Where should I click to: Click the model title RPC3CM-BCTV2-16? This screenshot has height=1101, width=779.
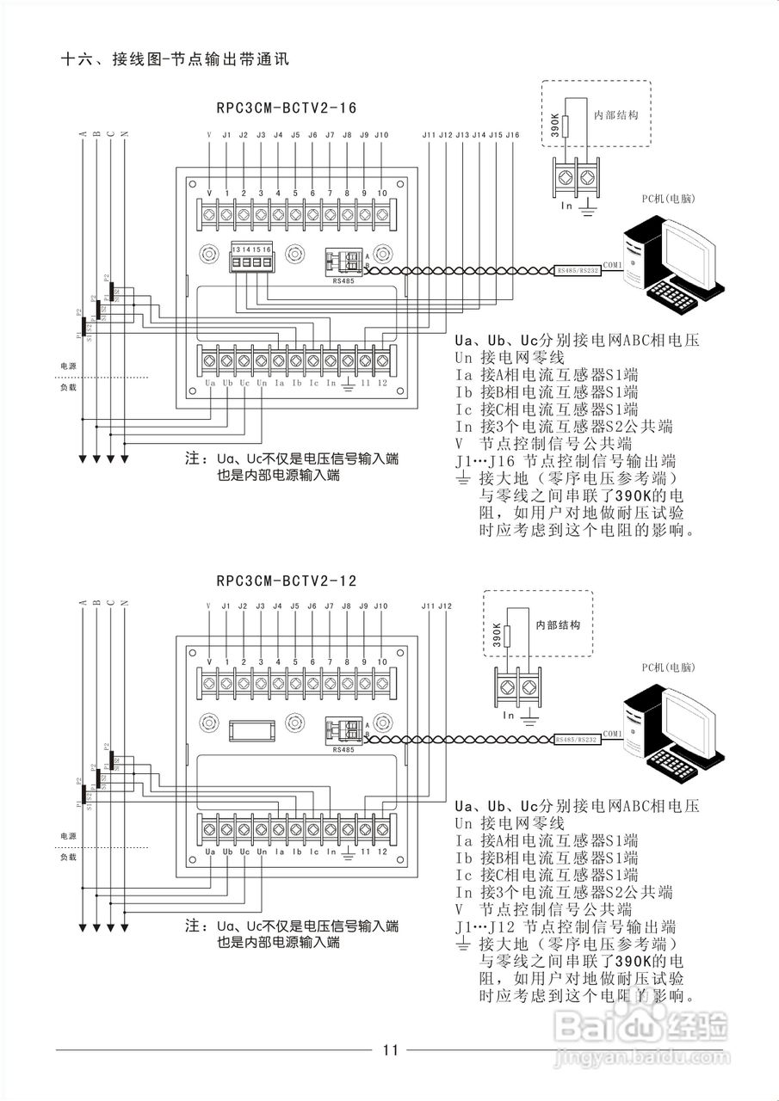(x=286, y=108)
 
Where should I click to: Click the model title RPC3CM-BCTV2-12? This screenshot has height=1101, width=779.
(x=286, y=581)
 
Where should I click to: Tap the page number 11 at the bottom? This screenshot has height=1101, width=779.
(x=390, y=1049)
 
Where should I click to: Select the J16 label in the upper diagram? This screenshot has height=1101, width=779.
(x=512, y=136)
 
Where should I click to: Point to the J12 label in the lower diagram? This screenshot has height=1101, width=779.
(x=445, y=607)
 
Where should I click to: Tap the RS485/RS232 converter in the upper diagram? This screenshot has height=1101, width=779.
(x=577, y=270)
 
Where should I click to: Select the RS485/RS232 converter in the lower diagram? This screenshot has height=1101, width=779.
(x=577, y=740)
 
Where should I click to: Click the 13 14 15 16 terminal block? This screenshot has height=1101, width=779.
(x=250, y=257)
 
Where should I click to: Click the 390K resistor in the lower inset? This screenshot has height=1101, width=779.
(x=508, y=636)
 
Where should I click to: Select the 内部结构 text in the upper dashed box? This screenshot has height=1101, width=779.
(x=615, y=114)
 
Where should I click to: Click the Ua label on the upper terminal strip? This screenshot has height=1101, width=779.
(x=210, y=382)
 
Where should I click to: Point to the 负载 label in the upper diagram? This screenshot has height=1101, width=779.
(x=68, y=387)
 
